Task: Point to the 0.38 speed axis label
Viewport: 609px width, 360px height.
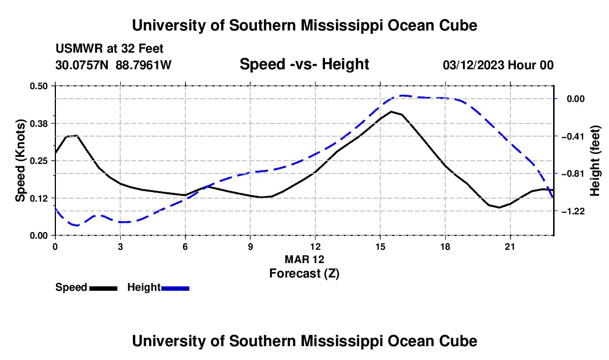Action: pos(38,124)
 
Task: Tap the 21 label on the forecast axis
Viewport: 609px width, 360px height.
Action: pos(510,246)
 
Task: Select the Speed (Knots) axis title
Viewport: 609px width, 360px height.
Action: pos(20,161)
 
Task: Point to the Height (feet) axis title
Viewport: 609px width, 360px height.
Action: pos(595,161)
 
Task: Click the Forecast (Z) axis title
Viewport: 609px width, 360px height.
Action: pos(304,274)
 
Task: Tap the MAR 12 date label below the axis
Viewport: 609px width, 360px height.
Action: pos(304,259)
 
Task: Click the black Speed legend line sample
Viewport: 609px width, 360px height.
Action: pos(104,289)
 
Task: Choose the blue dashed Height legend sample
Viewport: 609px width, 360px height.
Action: pos(175,289)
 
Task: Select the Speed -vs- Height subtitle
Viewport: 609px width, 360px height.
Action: pos(304,64)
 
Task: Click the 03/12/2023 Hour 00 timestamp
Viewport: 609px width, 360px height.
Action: pos(498,65)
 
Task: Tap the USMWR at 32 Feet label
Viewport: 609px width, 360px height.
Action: pos(110,49)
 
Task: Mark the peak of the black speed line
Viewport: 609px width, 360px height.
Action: pos(391,111)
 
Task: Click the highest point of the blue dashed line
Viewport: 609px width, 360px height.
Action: pos(402,95)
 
